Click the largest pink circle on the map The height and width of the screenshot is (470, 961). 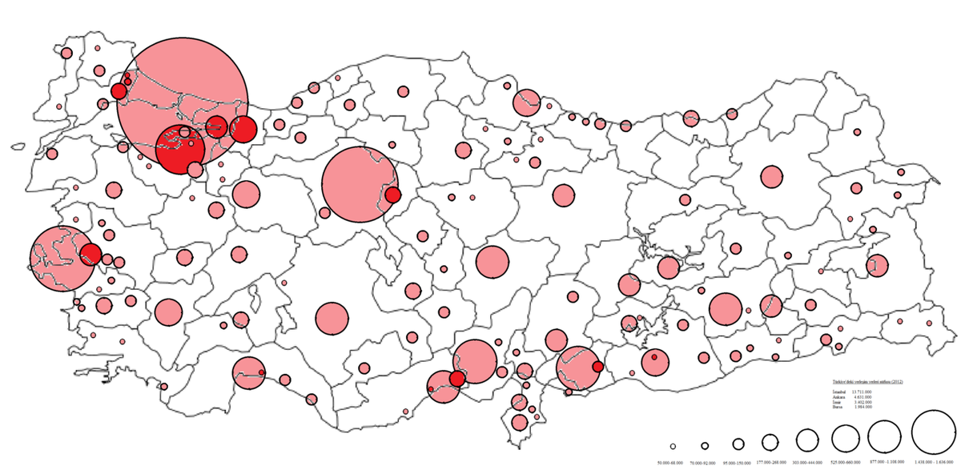pos(183,102)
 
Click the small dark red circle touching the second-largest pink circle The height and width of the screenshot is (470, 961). pos(392,195)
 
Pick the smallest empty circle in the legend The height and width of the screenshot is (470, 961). pos(674,446)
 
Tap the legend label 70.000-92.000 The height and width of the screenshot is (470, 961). pos(705,463)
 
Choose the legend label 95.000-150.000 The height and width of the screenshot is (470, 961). pos(738,463)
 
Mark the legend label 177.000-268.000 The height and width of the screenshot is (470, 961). pos(770,463)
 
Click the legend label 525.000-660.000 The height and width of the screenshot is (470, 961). pos(846,463)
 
